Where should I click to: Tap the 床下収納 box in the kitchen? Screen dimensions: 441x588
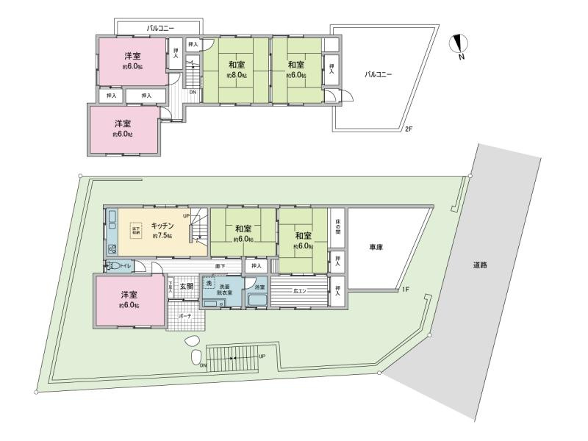tap(136, 229)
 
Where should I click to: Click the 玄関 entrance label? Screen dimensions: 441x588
tap(186, 287)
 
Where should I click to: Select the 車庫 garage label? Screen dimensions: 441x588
tap(376, 248)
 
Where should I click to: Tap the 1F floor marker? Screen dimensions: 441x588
tap(405, 290)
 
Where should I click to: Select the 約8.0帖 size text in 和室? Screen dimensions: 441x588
tap(236, 76)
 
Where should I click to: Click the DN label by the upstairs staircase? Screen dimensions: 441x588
tap(193, 93)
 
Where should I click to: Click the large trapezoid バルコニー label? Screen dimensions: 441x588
tap(381, 75)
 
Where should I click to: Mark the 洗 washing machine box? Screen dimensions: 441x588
tap(208, 284)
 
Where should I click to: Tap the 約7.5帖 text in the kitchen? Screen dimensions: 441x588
tap(162, 237)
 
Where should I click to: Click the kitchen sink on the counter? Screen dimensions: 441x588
tap(112, 248)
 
